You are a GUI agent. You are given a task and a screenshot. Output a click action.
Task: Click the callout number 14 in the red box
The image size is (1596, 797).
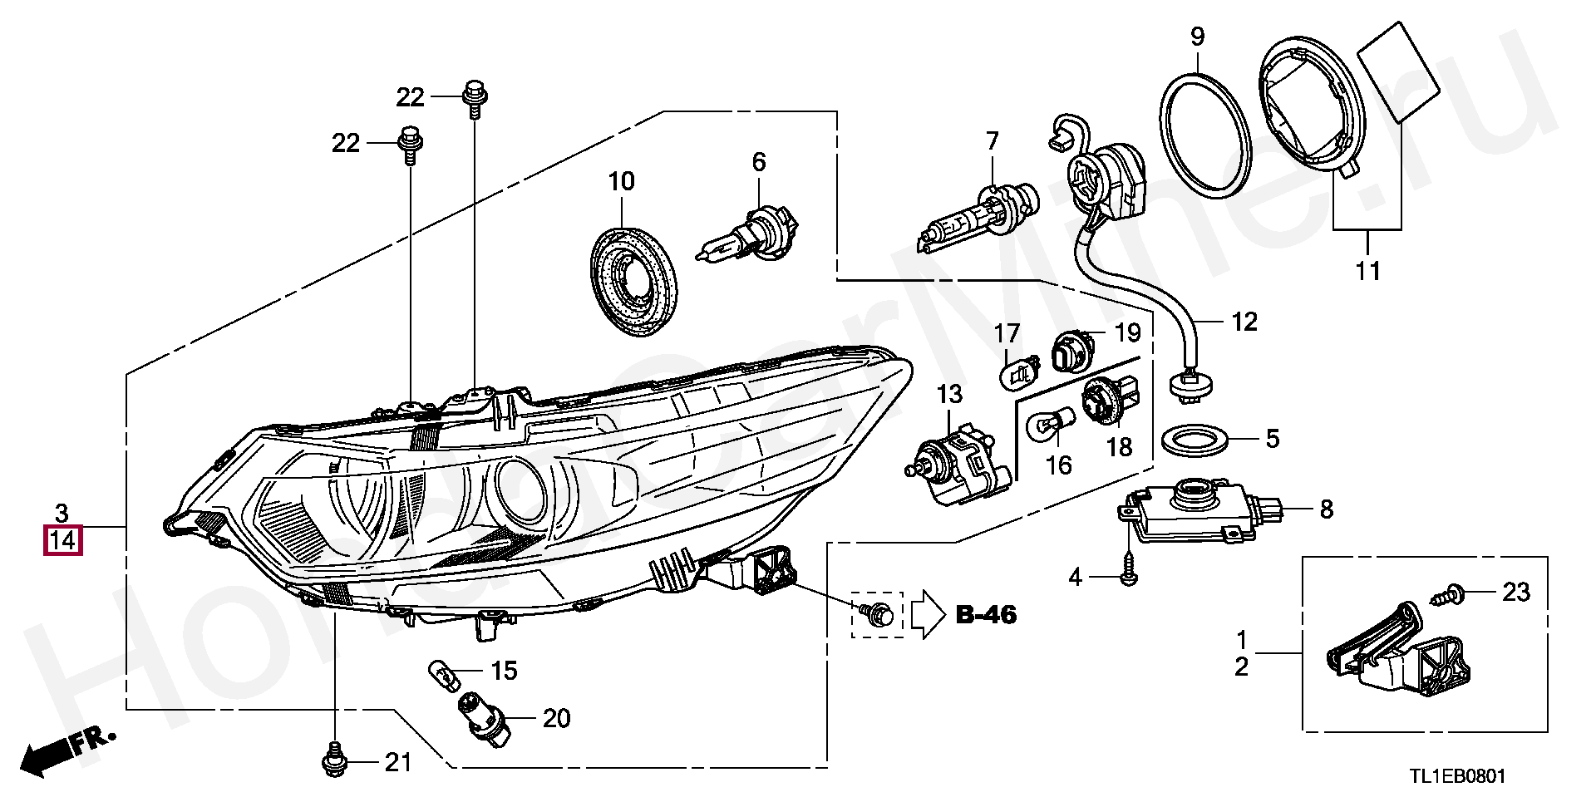coord(63,541)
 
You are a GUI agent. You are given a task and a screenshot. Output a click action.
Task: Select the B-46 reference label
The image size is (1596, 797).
coord(986,615)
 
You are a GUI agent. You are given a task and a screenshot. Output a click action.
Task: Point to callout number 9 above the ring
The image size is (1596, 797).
coord(1197,37)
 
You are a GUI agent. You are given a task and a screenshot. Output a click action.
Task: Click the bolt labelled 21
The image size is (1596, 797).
coord(333,758)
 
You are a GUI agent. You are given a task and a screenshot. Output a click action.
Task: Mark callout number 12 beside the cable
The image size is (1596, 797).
coord(1244,321)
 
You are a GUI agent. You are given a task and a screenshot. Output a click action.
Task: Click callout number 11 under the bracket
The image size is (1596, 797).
coord(1367,270)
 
